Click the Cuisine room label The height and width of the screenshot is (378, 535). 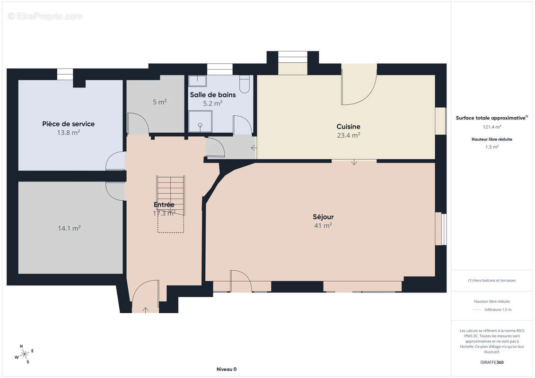point(348,127)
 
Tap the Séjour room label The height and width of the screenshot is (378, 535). point(323,217)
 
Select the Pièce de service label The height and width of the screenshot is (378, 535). point(68,124)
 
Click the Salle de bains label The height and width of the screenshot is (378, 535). point(212,95)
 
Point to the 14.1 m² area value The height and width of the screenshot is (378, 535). point(69,228)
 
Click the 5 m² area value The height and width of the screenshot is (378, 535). point(159,102)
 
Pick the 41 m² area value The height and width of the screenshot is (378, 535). point(323,226)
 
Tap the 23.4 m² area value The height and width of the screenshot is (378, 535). point(348,135)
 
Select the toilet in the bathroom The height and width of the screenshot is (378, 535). point(244,84)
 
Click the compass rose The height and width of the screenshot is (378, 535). point(25,354)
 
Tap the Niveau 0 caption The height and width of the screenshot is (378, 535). point(227,369)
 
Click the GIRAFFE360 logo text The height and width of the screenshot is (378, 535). point(491,362)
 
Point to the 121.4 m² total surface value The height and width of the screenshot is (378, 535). point(491,127)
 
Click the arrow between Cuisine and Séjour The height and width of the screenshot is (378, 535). point(354,162)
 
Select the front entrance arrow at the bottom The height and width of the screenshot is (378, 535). point(145,310)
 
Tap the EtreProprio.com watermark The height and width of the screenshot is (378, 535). point(45,16)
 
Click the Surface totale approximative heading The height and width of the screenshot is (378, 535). point(491,118)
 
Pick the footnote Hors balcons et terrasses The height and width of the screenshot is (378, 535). point(491,281)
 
